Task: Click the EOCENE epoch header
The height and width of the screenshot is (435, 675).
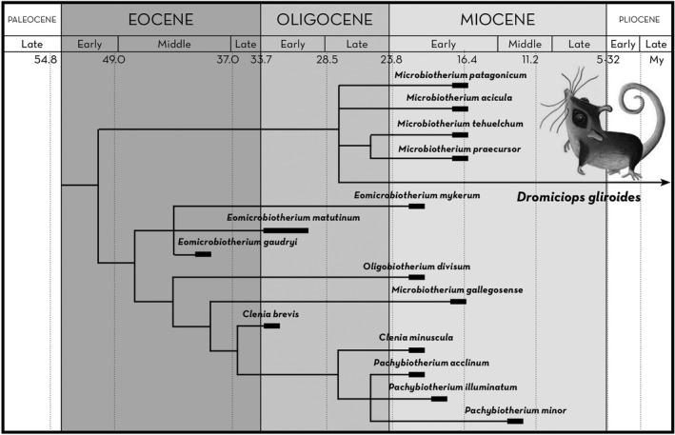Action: pos(160,19)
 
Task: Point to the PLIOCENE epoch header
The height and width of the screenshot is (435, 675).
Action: pos(640,19)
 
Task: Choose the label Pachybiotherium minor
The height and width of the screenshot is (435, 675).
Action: pos(515,409)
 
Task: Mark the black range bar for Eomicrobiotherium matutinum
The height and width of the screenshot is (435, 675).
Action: pos(286,230)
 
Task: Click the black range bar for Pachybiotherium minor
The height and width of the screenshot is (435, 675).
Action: pos(515,421)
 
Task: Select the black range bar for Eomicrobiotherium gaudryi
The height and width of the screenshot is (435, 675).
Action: pos(202,254)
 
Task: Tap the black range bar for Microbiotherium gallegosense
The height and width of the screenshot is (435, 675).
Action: pos(458,302)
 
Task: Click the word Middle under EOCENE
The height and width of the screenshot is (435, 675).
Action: pos(174,44)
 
